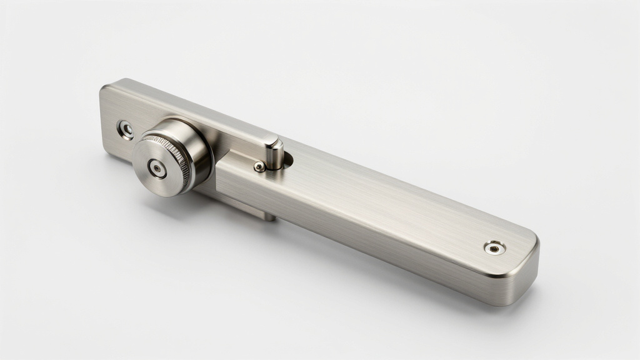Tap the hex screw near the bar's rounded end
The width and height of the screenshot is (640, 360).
click(x=494, y=247)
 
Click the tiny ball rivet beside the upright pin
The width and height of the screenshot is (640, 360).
click(x=259, y=166)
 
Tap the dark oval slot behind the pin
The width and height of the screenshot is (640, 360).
click(x=287, y=161)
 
